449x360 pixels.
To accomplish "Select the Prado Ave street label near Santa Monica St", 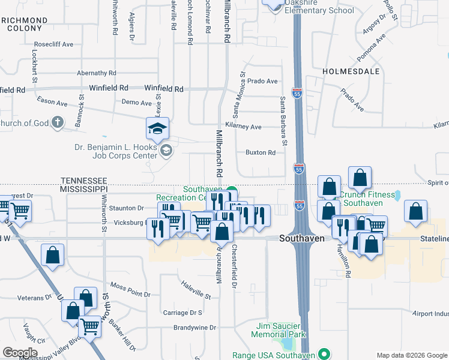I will (263, 81).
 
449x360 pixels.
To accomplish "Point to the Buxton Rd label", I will (260, 152).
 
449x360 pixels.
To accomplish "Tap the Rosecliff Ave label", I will (53, 44).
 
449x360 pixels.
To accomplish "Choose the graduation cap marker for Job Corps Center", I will (158, 129).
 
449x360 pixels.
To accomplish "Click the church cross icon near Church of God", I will (57, 124).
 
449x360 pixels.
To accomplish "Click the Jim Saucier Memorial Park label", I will (279, 330).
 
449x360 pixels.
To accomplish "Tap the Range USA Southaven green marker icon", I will (324, 354).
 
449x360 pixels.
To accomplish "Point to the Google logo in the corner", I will (19, 352).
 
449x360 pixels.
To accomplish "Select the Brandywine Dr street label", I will (194, 328).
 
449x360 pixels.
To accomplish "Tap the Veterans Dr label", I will (35, 298).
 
